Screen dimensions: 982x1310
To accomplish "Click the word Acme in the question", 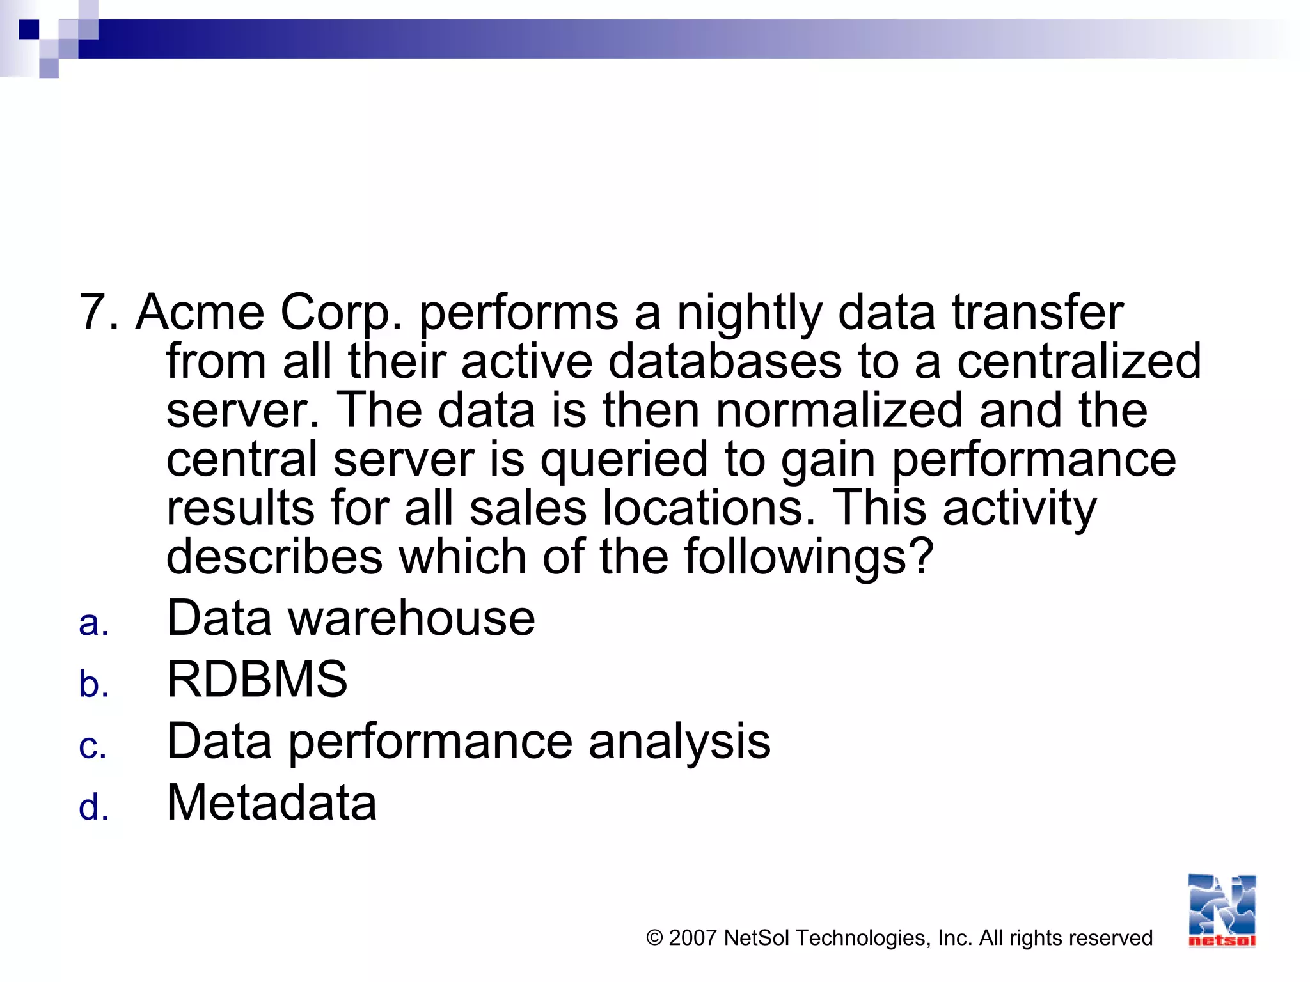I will click(200, 313).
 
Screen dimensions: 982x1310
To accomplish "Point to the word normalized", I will click(839, 410).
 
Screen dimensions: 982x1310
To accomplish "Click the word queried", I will click(624, 460).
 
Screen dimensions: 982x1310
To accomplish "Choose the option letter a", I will click(93, 623).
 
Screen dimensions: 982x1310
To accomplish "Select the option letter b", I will click(93, 683).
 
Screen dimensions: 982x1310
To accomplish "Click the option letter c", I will click(93, 746).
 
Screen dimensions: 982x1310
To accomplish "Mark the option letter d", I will click(93, 807).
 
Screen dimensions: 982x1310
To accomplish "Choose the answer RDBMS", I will click(257, 679).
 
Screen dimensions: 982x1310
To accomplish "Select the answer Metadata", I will click(272, 803).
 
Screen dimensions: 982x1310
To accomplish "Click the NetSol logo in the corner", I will click(1222, 910).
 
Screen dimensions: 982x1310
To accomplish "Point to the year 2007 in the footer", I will click(692, 938).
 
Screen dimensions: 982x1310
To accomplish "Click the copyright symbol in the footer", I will click(654, 938).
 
